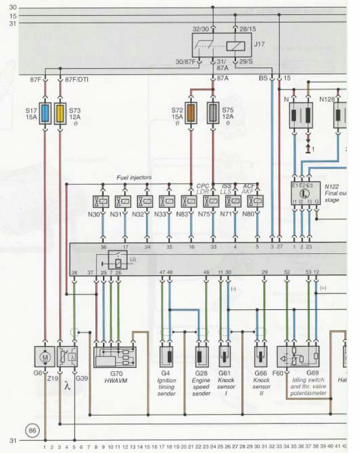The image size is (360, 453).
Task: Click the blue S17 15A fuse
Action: (x=46, y=113)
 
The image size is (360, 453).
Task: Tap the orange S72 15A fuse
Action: (x=191, y=113)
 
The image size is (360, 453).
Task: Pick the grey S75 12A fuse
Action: (x=213, y=113)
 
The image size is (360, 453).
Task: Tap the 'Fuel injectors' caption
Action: (x=134, y=177)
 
